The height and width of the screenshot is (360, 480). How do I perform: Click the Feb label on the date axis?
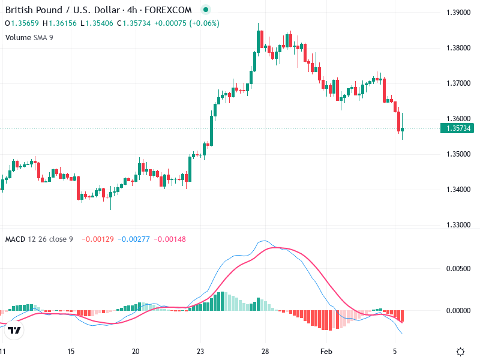[x=326, y=352]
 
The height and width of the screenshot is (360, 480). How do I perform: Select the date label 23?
[x=200, y=352]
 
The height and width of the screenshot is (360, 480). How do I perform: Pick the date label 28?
[x=265, y=352]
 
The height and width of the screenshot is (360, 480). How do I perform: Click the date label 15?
[x=71, y=352]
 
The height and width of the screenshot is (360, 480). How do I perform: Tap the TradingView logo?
[x=14, y=330]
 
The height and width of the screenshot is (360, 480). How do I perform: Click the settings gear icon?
[x=460, y=352]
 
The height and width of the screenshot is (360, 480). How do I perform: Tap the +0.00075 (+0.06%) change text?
[x=187, y=23]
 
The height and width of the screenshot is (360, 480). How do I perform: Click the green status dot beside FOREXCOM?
[x=206, y=10]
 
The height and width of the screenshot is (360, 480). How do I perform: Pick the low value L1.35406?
[x=97, y=23]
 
